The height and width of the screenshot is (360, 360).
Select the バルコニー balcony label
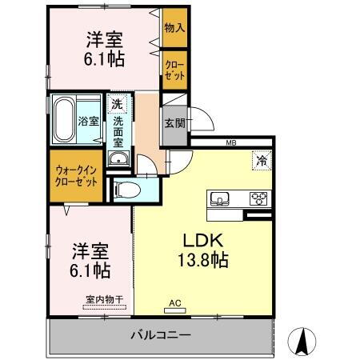point(161,334)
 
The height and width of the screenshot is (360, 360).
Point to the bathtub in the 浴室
point(63,120)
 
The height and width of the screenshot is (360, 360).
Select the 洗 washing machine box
point(117,104)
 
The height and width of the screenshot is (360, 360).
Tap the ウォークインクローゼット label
point(77,174)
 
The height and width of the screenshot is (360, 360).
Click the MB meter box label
point(231,143)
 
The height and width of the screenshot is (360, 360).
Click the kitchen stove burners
point(258,198)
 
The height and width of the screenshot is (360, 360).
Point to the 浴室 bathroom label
point(88,122)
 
